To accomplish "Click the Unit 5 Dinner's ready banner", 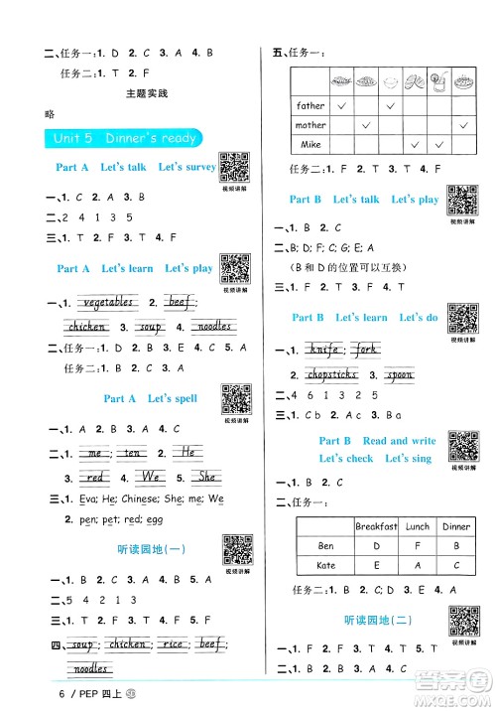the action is [x=119, y=138].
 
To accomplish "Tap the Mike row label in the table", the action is [x=310, y=145].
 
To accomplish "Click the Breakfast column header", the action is [x=377, y=526].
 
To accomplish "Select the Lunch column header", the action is [x=418, y=526].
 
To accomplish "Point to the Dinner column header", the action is [x=456, y=526].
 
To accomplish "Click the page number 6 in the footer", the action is [x=36, y=693].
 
